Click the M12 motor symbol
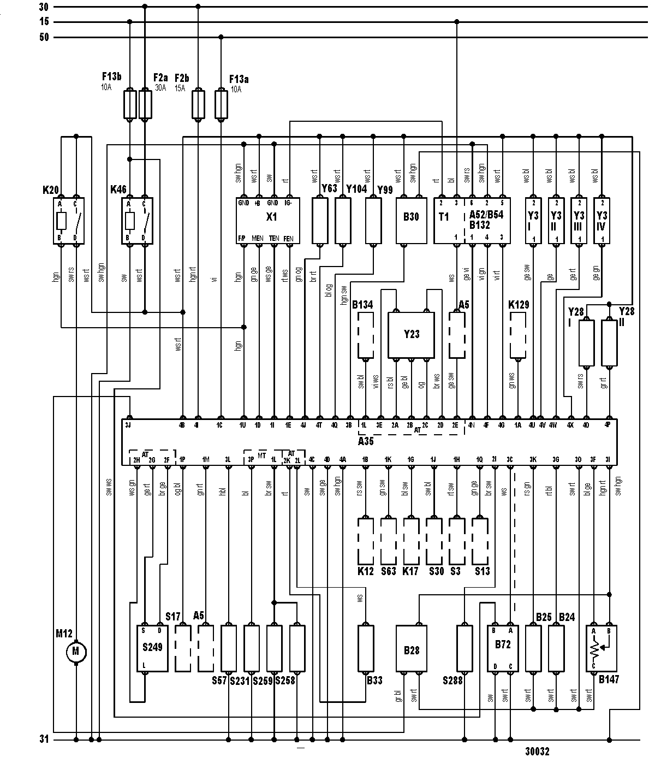tap(76, 652)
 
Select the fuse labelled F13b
tap(130, 105)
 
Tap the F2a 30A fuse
tap(145, 105)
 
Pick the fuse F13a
tap(221, 105)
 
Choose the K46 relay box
tap(137, 221)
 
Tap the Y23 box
tap(412, 335)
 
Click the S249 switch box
tap(153, 648)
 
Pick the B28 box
tap(412, 648)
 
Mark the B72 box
tap(503, 648)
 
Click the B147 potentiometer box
tap(601, 648)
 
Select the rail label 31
tap(45, 741)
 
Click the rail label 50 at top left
tap(44, 37)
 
